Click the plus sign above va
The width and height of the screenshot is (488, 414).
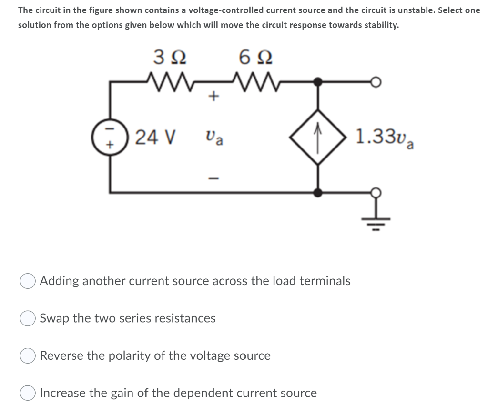coord(214,97)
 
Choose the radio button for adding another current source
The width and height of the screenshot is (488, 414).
coord(27,281)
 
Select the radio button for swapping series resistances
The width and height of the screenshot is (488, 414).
coord(27,318)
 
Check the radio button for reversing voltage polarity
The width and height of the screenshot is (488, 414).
coord(27,356)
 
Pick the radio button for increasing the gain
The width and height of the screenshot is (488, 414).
coord(27,394)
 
